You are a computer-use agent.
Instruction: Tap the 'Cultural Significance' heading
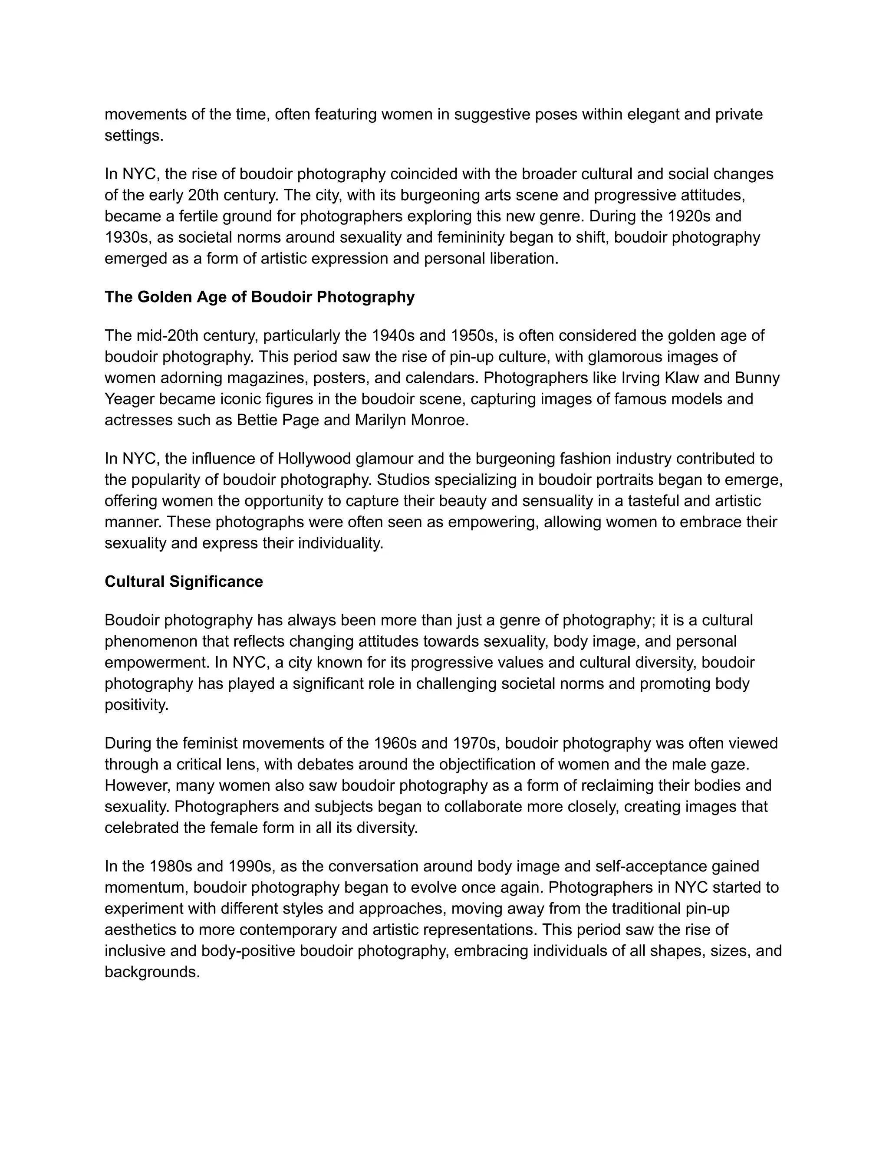pos(184,582)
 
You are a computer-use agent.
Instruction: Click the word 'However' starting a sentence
pos(136,785)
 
